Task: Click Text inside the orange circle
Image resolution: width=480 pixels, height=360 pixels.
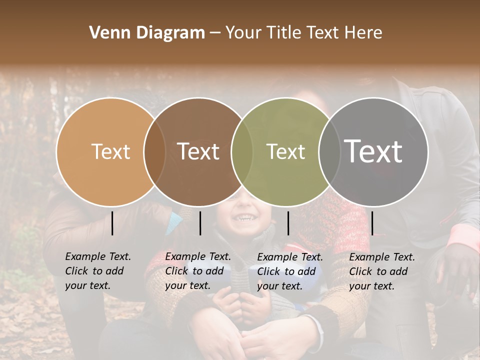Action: pos(110,151)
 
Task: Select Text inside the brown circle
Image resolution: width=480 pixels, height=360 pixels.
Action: pos(198,151)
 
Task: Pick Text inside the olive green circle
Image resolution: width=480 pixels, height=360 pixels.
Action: pos(285,151)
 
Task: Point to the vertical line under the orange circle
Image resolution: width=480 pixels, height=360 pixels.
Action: pos(112,223)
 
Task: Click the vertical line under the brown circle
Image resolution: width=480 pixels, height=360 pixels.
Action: pos(200,223)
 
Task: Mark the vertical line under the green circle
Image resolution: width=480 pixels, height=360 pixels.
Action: pos(288,223)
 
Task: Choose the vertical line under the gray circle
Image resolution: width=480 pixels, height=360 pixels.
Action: pos(372,223)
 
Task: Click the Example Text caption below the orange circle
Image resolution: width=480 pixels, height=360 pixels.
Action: pos(98,271)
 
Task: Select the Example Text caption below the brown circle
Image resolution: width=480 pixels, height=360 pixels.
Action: pos(198,271)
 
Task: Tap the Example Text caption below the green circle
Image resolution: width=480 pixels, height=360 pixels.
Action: pos(290,271)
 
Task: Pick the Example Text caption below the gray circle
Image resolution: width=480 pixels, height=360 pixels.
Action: pos(382,271)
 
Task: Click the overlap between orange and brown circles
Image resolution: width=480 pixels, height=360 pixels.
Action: pos(154,151)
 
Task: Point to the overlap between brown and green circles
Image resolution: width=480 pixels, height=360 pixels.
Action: pos(242,151)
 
